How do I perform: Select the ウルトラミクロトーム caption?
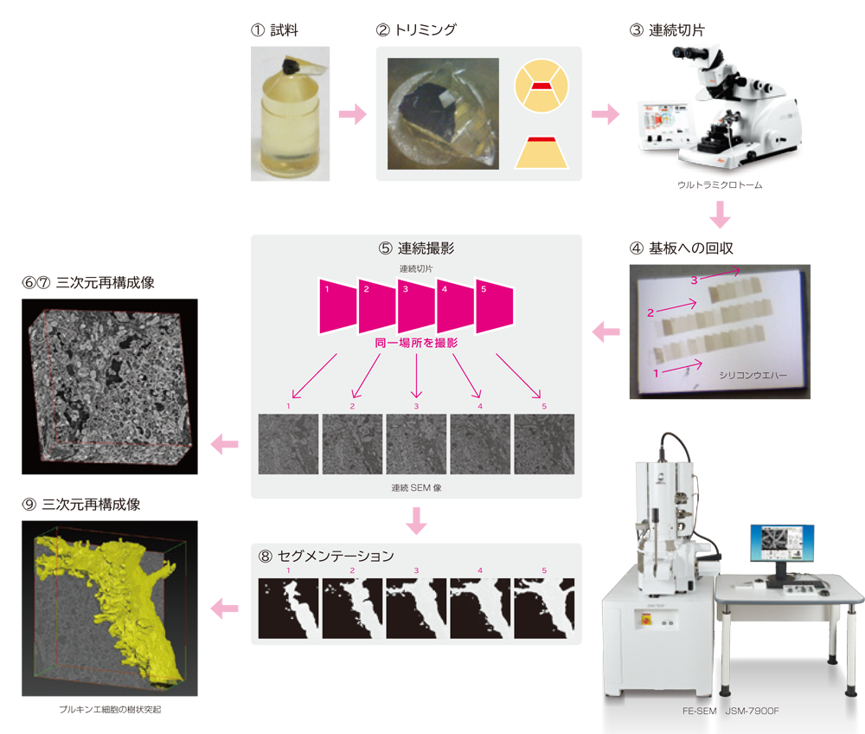720,185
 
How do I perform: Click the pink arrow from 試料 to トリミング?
352,114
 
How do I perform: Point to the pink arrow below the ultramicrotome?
720,213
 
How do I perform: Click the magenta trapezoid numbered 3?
415,305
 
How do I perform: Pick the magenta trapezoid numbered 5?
493,305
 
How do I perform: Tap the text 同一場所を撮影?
415,344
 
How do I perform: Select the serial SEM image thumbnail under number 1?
288,443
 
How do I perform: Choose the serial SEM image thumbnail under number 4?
479,443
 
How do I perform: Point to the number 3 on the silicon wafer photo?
694,280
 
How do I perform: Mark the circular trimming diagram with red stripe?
541,86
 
